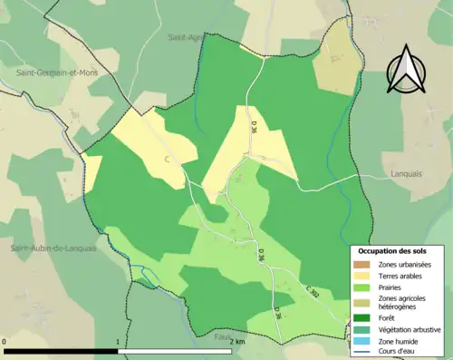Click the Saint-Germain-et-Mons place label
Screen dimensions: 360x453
point(55,72)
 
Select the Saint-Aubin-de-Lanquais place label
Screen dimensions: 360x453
point(53,248)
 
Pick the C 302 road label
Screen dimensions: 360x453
point(314,292)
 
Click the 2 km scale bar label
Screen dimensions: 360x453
point(236,341)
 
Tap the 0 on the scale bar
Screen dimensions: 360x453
point(5,341)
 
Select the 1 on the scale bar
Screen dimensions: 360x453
point(117,341)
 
